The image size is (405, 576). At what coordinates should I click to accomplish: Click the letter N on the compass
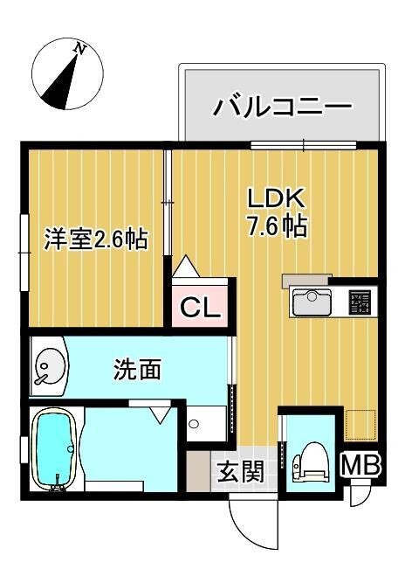[x=80, y=50]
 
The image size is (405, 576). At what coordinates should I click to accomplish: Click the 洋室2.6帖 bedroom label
[x=95, y=238]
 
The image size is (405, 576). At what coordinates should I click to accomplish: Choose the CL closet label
[x=201, y=308]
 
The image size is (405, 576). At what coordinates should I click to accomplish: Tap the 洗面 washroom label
[x=138, y=370]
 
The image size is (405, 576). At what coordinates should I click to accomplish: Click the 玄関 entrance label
[x=240, y=473]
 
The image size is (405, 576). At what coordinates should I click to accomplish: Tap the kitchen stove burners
[x=360, y=302]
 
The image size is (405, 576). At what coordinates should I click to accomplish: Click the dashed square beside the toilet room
[x=360, y=425]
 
